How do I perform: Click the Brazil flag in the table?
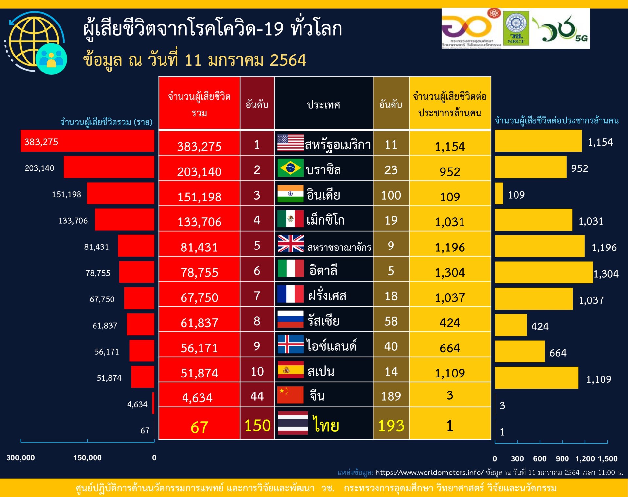[290, 168]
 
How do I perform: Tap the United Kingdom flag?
[290, 244]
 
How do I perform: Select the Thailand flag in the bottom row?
[293, 423]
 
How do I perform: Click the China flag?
[290, 395]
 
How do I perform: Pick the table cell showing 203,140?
[199, 171]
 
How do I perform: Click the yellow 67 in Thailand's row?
[199, 427]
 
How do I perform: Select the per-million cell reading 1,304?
[450, 272]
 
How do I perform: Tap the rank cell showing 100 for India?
[391, 195]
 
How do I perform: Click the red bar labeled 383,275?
[87, 141]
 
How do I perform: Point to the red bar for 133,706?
[124, 219]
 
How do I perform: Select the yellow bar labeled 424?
[511, 325]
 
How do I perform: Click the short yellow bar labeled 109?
[499, 193]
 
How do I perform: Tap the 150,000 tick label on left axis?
[87, 458]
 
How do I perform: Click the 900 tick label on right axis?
[562, 458]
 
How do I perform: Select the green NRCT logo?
[516, 28]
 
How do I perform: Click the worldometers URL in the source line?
[429, 472]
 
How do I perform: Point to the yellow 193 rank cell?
[391, 425]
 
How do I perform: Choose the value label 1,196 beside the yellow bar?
[604, 248]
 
